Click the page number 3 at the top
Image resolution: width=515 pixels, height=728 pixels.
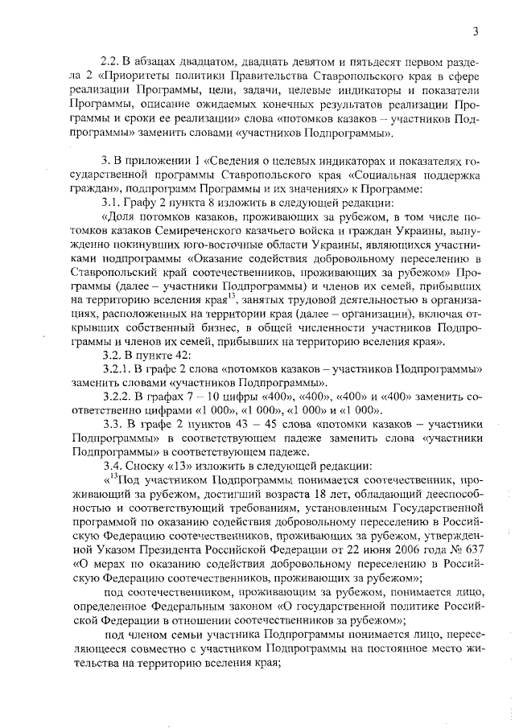[476, 31]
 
